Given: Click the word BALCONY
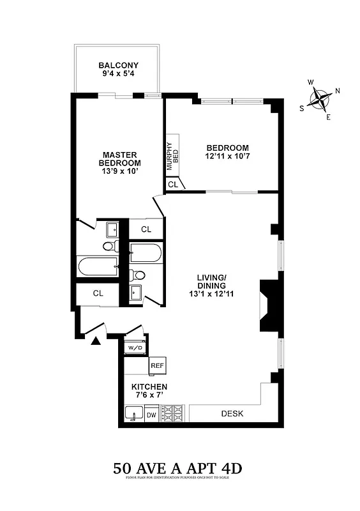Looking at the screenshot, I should (118, 65).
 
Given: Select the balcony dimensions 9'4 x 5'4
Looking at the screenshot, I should (118, 74).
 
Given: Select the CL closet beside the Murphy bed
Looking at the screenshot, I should (173, 184).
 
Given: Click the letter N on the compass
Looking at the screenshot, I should (337, 91).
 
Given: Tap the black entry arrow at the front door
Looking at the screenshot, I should (96, 341).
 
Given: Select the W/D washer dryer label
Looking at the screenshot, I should (135, 348).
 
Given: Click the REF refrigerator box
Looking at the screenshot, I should (157, 365).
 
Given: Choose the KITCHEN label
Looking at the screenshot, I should (149, 387).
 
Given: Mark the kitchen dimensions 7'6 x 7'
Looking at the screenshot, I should (149, 396).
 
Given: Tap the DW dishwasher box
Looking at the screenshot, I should (151, 415).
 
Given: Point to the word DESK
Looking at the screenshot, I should (232, 413).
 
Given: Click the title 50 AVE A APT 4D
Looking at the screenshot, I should (178, 468).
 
